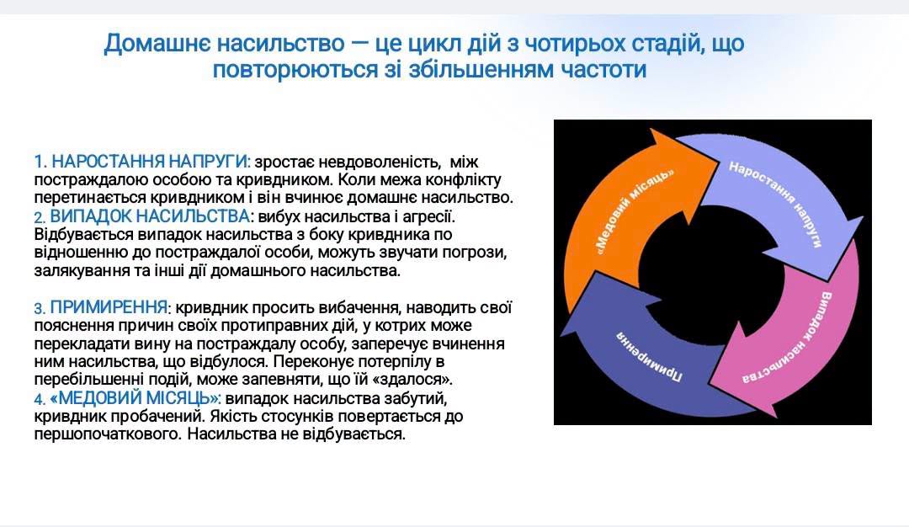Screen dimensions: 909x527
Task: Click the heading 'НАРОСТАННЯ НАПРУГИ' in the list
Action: point(150,161)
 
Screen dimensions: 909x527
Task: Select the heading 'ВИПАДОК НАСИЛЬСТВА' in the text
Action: point(150,216)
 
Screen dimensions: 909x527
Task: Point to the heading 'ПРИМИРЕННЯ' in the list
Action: point(109,306)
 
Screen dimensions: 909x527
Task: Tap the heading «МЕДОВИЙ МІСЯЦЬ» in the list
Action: point(134,397)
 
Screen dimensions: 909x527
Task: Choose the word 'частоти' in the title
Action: point(603,70)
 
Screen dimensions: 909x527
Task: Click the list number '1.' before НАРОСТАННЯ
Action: point(40,162)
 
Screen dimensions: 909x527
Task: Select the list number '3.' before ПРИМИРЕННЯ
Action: point(40,308)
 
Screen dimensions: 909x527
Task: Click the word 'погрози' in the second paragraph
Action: point(478,253)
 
